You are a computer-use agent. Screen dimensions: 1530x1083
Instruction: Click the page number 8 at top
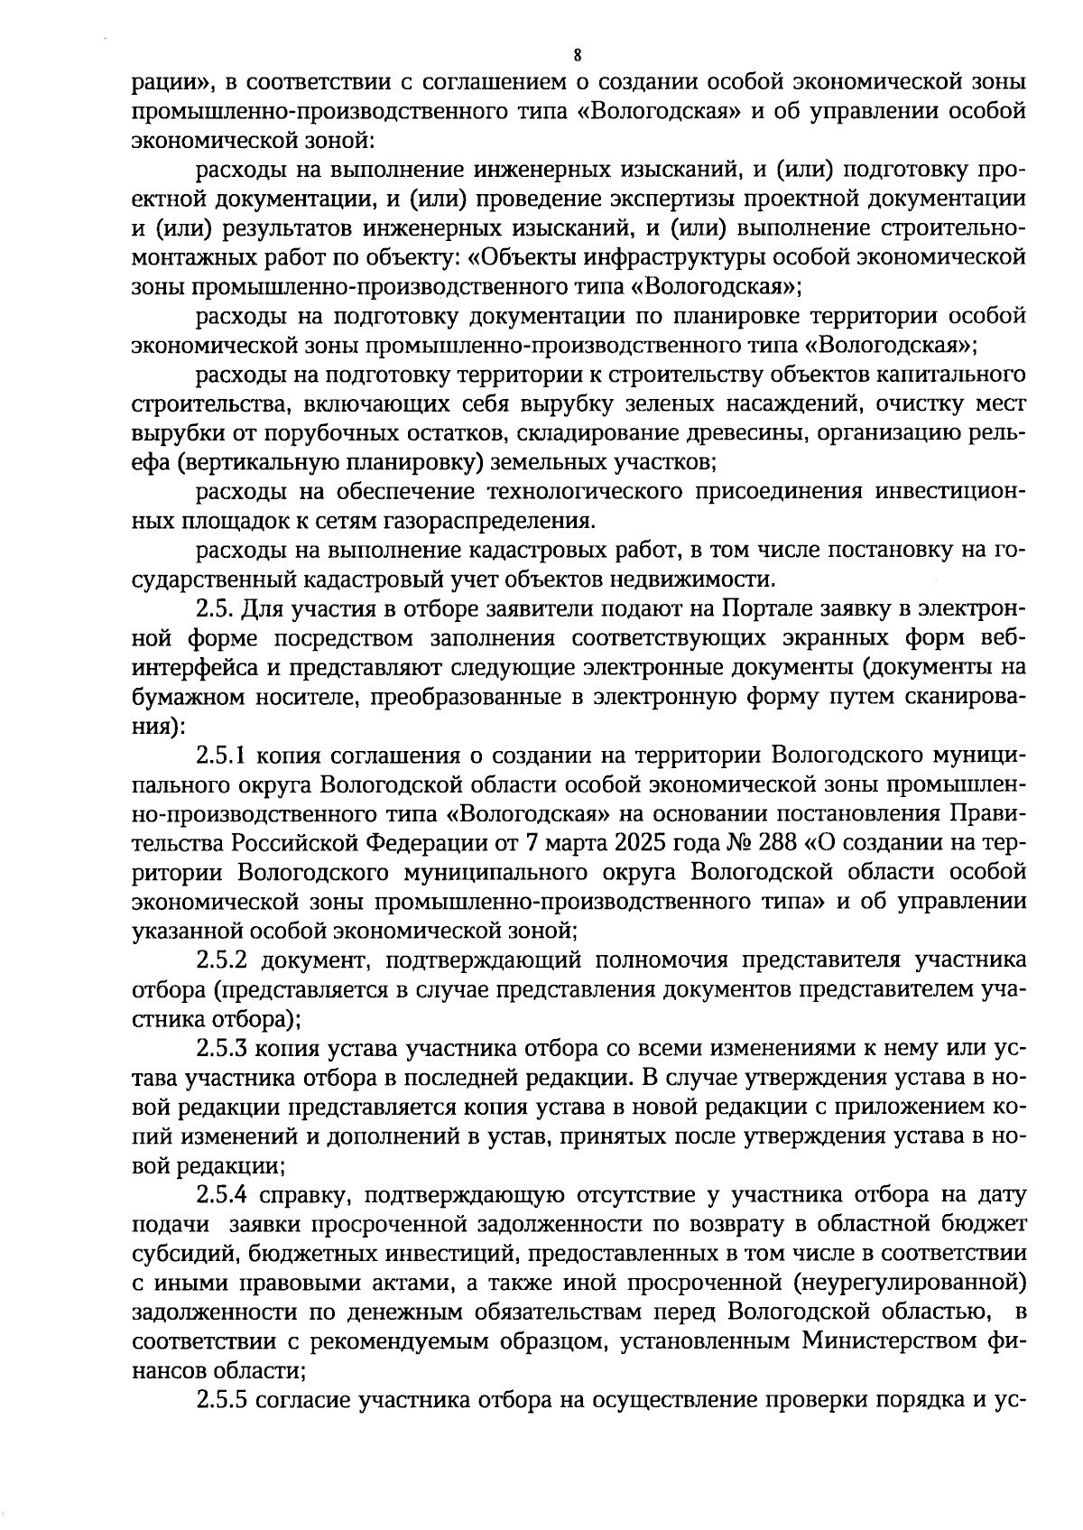coord(577,54)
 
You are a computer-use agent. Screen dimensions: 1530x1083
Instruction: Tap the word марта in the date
coord(572,843)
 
